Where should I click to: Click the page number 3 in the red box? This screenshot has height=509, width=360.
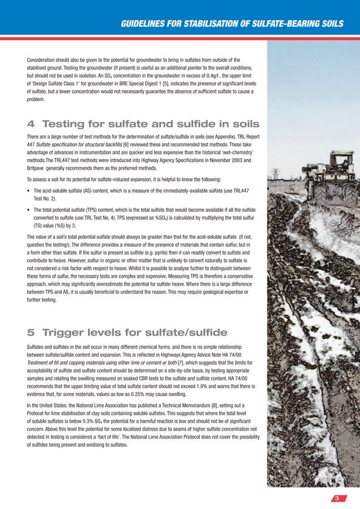336,498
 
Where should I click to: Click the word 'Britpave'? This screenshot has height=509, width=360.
38,169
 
